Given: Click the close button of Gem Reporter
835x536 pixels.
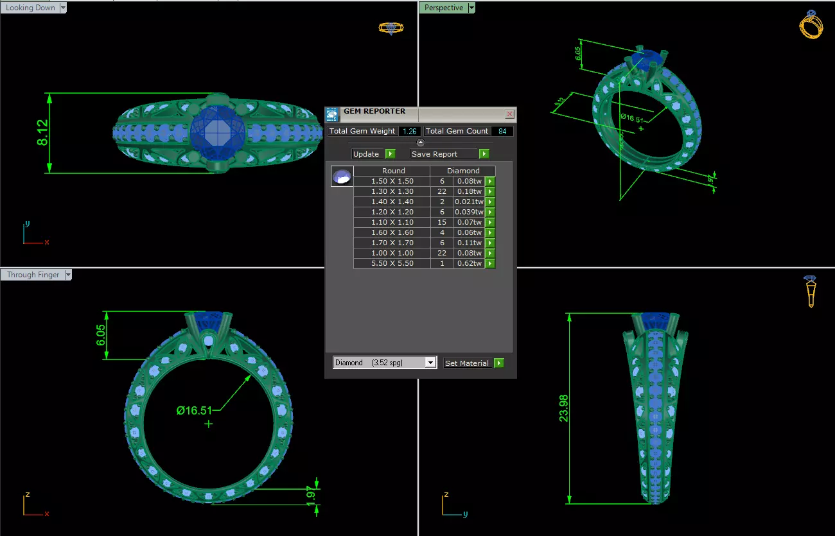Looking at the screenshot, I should pyautogui.click(x=509, y=114).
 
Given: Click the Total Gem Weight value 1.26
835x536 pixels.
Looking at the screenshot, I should pyautogui.click(x=409, y=131).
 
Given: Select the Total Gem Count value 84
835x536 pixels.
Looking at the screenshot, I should pyautogui.click(x=502, y=131).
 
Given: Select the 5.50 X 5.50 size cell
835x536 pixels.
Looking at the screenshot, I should pyautogui.click(x=392, y=263).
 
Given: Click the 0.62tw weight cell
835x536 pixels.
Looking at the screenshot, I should pyautogui.click(x=468, y=263).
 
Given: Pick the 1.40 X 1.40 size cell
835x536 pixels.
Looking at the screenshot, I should pyautogui.click(x=392, y=202).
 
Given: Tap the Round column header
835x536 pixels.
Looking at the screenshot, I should pyautogui.click(x=393, y=171).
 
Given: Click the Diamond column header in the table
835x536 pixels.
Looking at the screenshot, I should pyautogui.click(x=463, y=171).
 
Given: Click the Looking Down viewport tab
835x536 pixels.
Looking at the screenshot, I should pyautogui.click(x=30, y=8).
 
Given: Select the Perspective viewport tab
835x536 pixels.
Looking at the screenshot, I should pyautogui.click(x=443, y=8).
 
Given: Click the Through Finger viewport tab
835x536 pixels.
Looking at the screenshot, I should pyautogui.click(x=33, y=275).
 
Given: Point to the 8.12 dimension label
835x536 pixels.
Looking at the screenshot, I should pyautogui.click(x=43, y=133).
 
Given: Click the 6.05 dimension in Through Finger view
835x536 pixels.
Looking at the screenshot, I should pyautogui.click(x=101, y=335).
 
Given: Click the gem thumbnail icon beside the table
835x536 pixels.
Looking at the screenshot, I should pyautogui.click(x=342, y=177).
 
